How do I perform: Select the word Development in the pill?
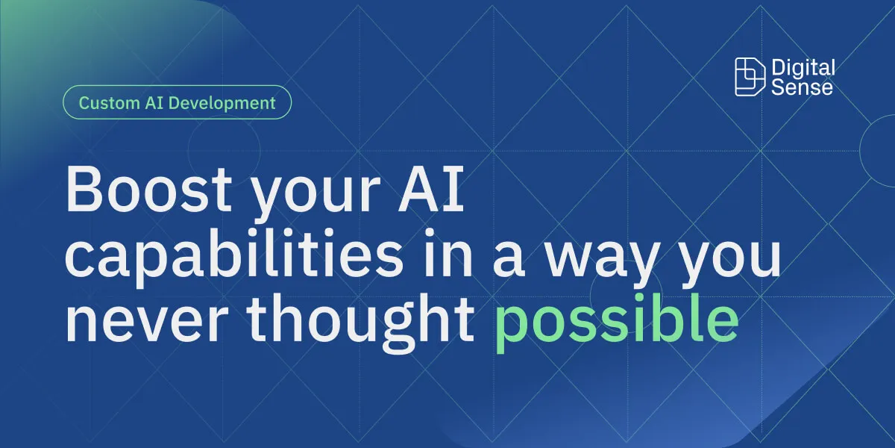click(222, 103)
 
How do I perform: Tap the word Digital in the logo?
click(803, 69)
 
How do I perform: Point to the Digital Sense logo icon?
click(750, 77)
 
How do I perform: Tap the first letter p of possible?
click(512, 329)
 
